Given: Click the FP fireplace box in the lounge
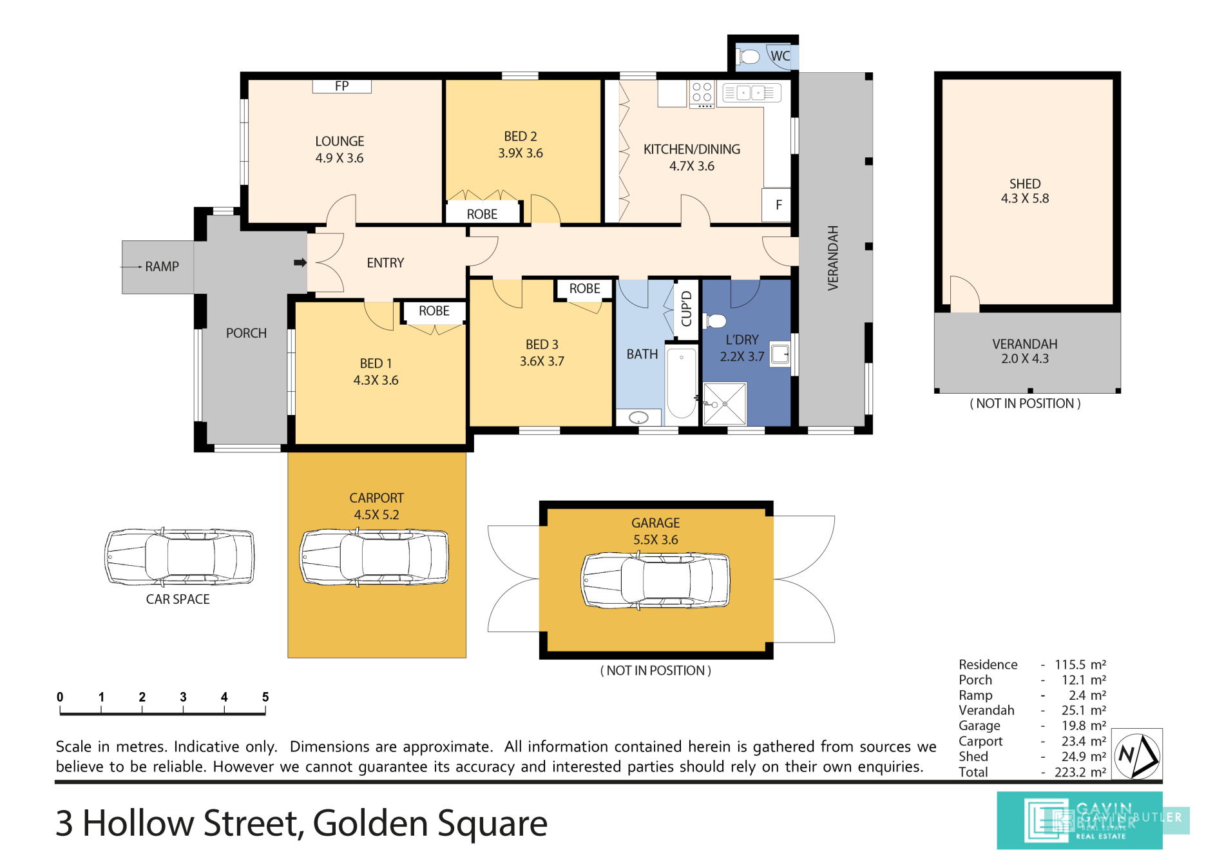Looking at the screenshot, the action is [x=341, y=86].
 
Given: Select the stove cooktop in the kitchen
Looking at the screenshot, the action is [x=702, y=94].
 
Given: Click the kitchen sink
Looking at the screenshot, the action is [x=752, y=93].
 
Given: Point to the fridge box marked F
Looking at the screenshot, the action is [x=777, y=205].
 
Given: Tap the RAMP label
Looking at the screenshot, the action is [x=162, y=267].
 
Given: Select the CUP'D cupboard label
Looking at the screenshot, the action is [x=686, y=309].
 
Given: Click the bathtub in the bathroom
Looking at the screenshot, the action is [x=681, y=383].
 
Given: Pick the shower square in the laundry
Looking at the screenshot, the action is [x=725, y=404].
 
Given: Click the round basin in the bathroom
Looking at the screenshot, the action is [x=638, y=418].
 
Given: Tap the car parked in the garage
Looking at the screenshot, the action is [x=656, y=580].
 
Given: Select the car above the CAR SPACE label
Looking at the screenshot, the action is [x=180, y=557].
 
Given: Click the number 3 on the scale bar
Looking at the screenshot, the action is [x=183, y=697].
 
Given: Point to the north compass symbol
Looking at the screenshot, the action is [x=1137, y=755].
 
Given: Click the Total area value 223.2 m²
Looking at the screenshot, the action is [x=1080, y=772].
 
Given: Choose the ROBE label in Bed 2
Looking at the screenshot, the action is [x=482, y=214].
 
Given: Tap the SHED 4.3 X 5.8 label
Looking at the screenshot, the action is [x=1025, y=191].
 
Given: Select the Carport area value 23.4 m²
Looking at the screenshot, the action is [x=1084, y=741].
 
